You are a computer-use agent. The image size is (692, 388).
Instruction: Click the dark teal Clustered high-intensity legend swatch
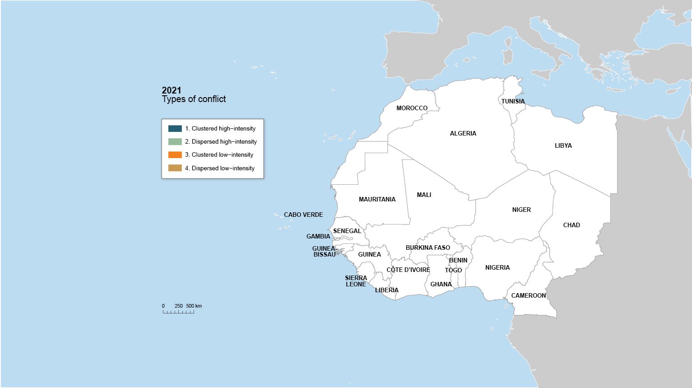point(175,128)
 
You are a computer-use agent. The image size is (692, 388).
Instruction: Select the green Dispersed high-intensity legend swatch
point(175,141)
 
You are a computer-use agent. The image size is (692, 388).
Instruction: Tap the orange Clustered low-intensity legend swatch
point(175,154)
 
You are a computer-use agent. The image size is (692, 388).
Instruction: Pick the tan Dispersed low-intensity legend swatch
point(175,168)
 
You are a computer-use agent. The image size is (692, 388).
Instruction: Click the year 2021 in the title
point(172,90)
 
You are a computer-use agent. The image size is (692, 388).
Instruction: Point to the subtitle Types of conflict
point(194,99)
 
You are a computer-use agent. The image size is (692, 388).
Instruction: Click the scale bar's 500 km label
point(194,306)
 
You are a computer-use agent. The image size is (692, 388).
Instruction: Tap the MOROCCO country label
point(412,108)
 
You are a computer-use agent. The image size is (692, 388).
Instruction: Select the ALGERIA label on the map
point(463,133)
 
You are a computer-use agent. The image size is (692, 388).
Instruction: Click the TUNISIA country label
point(513,101)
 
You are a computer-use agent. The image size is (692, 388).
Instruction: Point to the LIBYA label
point(563,145)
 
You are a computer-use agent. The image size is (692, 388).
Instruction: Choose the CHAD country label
point(571,225)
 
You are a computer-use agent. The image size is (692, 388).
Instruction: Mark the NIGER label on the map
point(521,210)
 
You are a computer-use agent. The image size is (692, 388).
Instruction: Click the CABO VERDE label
point(303,215)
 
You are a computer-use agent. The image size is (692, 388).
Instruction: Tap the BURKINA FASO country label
point(427,248)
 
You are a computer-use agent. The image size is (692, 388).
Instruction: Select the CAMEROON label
point(528,295)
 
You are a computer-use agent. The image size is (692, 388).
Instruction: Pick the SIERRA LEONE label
point(356,281)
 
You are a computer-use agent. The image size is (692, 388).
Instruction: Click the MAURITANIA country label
point(377,199)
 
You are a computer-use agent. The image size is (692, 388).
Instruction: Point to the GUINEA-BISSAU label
point(325,252)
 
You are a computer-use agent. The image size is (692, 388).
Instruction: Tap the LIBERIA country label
point(386,290)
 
